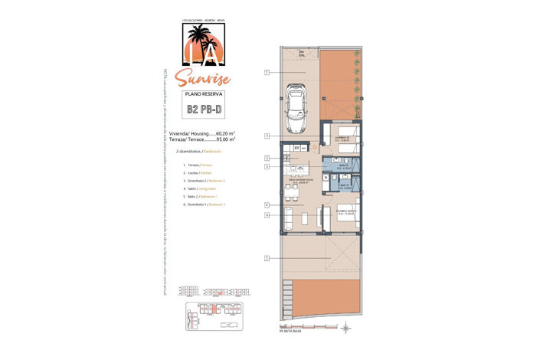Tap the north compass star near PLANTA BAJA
[x=345, y=328]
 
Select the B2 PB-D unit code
[x=204, y=109]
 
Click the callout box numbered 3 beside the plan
[x=267, y=136]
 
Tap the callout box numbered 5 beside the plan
[x=267, y=166]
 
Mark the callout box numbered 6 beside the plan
[x=267, y=215]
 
